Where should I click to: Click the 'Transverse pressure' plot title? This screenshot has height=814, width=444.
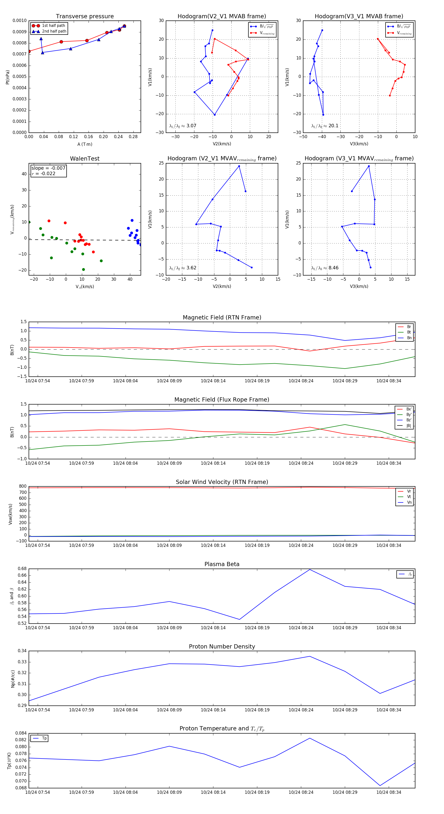pyautogui.click(x=85, y=17)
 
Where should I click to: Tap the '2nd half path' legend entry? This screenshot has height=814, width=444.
pyautogui.click(x=54, y=31)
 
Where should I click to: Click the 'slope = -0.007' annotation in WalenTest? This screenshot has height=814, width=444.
pyautogui.click(x=48, y=168)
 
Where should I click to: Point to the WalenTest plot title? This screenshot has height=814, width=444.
pyautogui.click(x=85, y=159)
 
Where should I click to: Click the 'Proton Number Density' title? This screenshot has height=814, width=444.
pyautogui.click(x=222, y=646)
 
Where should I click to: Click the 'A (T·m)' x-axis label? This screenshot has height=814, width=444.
pyautogui.click(x=85, y=144)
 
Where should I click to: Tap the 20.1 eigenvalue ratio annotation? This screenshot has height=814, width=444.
pyautogui.click(x=333, y=126)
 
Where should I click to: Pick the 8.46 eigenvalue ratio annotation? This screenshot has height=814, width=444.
pyautogui.click(x=333, y=268)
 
